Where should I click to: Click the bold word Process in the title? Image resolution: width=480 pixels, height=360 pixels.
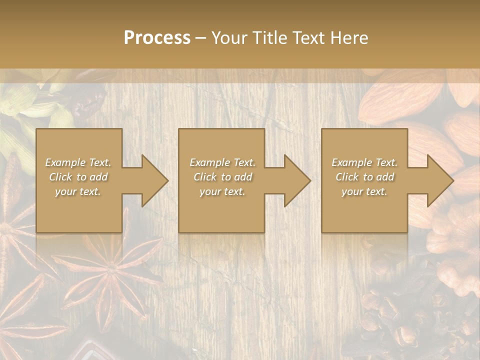[157, 37]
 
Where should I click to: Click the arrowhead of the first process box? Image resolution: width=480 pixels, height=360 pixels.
[149, 180]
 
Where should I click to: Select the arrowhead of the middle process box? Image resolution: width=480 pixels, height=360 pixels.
[292, 180]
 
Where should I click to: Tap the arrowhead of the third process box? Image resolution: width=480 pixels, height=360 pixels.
[435, 180]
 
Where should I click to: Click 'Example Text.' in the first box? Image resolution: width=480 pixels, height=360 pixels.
[78, 162]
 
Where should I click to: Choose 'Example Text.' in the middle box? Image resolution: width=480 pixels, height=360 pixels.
[222, 162]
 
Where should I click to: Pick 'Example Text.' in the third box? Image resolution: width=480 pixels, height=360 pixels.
[364, 162]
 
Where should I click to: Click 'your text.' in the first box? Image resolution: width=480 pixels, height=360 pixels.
[78, 191]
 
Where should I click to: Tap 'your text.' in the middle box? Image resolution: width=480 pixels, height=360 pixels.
[222, 191]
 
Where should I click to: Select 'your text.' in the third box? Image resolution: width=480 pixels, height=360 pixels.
[364, 191]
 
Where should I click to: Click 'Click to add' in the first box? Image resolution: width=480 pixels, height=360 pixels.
[78, 177]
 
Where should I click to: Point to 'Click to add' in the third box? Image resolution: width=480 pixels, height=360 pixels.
[364, 177]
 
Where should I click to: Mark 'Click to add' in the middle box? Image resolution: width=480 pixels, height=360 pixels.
[222, 177]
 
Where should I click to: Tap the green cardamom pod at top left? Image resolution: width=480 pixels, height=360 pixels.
[30, 107]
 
